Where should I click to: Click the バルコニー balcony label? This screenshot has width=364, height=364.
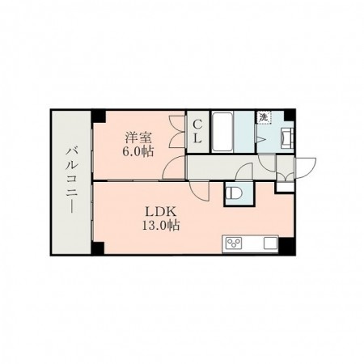[71, 180]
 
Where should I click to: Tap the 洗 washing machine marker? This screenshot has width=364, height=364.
[264, 117]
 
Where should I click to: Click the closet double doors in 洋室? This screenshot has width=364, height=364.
[174, 133]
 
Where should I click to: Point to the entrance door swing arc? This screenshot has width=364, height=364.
[305, 165]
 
